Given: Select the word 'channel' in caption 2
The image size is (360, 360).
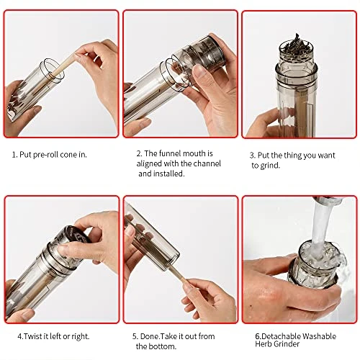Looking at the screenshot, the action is pos(207,163).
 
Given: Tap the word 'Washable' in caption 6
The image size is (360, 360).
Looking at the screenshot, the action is pos(319,336).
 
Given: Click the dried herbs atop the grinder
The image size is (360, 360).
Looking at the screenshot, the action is pos(296,45).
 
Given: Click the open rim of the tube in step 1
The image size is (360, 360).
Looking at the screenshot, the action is pos(52,71).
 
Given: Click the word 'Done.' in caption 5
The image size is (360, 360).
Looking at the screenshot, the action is pos(150,336).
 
